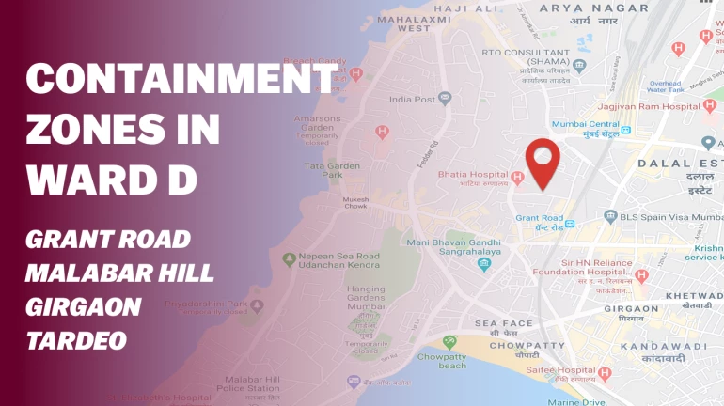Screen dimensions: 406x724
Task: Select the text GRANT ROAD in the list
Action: [108, 240]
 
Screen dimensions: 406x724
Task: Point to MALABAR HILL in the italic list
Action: [119, 273]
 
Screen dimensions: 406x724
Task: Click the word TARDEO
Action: [76, 340]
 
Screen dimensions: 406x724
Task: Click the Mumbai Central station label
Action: [585, 124]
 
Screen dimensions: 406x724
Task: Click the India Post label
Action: [412, 99]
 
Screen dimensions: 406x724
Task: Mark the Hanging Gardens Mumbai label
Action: [366, 298]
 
